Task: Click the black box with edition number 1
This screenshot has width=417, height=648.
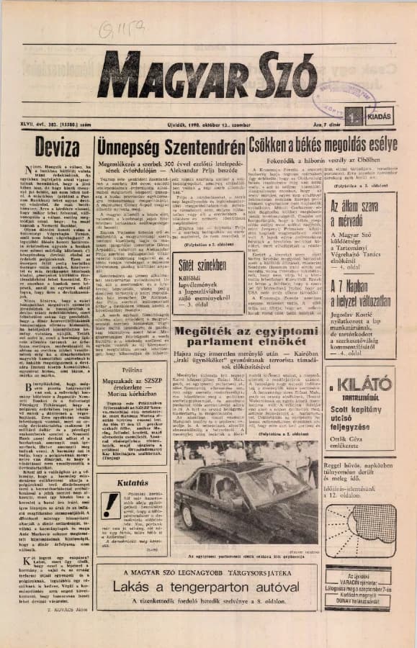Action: click(352, 115)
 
